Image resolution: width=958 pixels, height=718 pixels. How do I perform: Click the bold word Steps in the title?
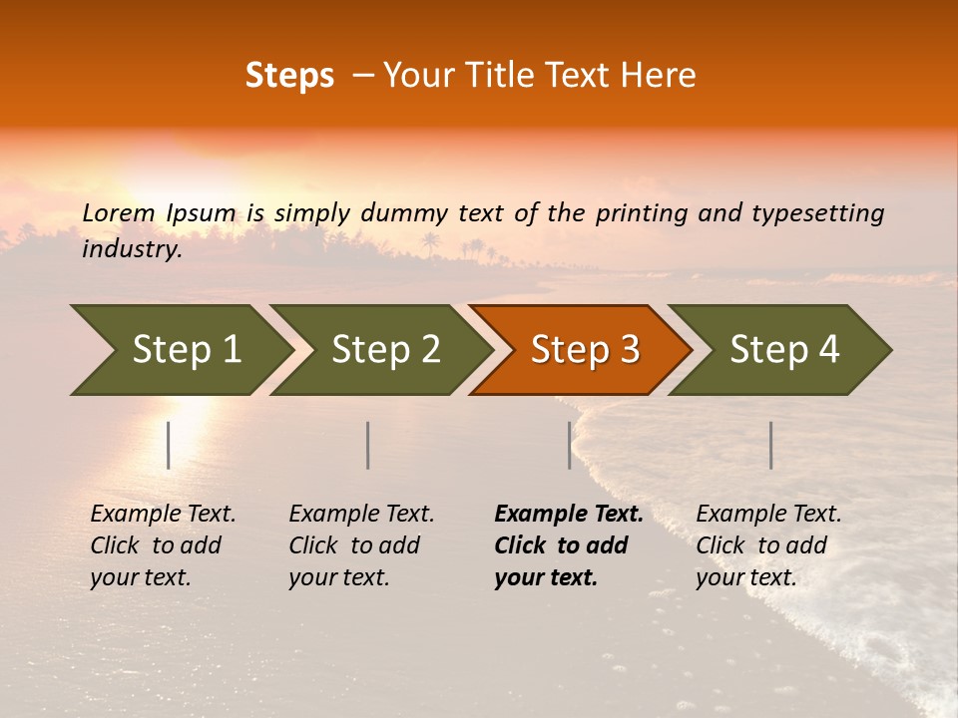point(289,76)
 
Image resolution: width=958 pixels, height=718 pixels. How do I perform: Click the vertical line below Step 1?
point(169,445)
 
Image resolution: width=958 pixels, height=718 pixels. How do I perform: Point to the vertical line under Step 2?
point(368,445)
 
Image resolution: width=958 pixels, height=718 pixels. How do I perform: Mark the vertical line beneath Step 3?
point(569,445)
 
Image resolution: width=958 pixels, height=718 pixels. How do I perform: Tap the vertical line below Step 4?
point(770,445)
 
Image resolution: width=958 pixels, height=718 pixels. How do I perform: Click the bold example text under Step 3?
point(569,545)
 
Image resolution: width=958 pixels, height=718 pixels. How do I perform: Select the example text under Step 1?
point(163,545)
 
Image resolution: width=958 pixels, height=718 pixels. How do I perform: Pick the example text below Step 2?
point(361,545)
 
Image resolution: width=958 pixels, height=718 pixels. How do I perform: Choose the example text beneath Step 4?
point(768,545)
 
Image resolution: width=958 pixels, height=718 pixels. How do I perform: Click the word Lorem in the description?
point(119,212)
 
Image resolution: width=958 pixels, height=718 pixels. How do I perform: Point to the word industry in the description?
point(132,249)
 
